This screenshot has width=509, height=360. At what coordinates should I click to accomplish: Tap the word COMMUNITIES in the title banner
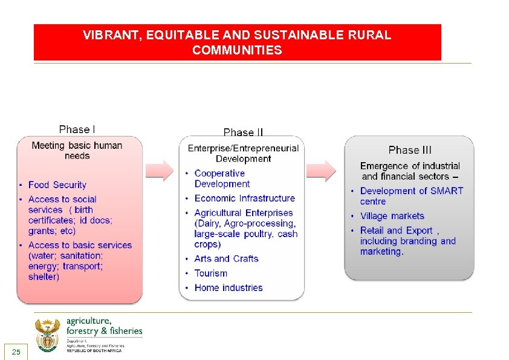[237, 50]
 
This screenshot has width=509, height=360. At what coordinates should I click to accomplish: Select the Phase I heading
[77, 129]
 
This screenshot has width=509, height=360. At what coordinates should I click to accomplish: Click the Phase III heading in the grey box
[410, 150]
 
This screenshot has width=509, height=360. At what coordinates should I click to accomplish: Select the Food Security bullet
[57, 185]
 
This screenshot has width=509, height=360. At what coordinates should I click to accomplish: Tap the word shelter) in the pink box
[44, 277]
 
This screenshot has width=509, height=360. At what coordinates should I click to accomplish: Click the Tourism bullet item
[210, 273]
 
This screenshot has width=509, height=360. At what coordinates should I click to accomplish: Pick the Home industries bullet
[228, 288]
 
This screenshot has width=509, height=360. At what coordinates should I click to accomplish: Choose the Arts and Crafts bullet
[226, 259]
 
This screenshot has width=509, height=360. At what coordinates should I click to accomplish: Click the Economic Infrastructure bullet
[244, 198]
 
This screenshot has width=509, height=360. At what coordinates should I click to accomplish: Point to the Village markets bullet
[392, 216]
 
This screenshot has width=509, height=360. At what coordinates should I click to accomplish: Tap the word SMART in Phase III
[447, 191]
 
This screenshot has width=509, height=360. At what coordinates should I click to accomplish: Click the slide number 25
[16, 352]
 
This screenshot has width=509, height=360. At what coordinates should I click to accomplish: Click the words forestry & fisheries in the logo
[104, 331]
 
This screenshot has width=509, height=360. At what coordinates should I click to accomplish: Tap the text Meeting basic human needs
[77, 151]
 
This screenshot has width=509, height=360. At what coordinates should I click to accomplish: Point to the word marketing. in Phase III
[381, 252]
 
